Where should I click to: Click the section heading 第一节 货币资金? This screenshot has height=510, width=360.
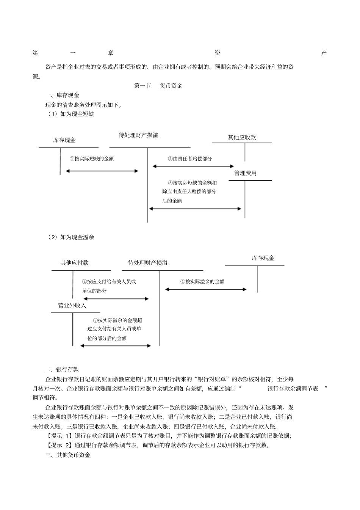(x=158, y=86)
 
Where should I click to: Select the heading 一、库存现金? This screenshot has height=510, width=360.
(x=62, y=95)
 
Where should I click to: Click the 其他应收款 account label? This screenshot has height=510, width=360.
(x=242, y=137)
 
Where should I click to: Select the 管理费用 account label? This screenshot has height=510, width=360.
(x=245, y=173)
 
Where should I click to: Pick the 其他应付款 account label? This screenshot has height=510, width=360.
(x=74, y=262)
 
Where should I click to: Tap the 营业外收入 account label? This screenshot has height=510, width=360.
(x=72, y=305)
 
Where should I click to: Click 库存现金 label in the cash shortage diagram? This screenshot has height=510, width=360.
(x=64, y=140)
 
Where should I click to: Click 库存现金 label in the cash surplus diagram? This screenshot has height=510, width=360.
(x=263, y=258)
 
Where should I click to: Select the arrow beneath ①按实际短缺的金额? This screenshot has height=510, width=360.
(x=102, y=171)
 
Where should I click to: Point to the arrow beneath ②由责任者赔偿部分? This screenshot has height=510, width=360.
(x=193, y=166)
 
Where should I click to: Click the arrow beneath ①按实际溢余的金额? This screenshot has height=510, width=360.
(x=206, y=289)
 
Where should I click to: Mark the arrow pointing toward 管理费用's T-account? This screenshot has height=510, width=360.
(x=195, y=209)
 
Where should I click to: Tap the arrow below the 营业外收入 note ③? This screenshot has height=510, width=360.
(x=116, y=345)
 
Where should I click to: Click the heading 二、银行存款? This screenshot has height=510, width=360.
(x=62, y=369)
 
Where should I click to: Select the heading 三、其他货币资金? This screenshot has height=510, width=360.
(x=68, y=455)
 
